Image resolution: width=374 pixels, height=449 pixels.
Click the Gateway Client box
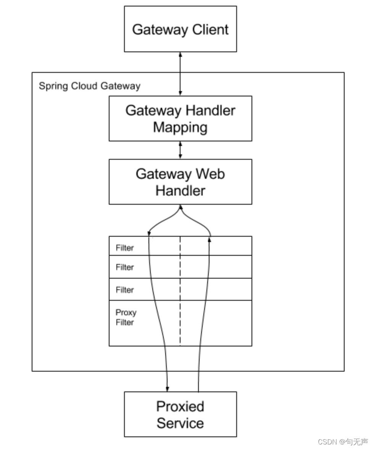(x=181, y=29)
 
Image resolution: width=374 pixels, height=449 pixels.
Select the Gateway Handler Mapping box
(x=181, y=119)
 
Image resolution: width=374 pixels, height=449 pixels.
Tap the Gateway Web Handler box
(x=181, y=182)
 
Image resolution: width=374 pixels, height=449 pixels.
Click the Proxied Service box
(x=181, y=414)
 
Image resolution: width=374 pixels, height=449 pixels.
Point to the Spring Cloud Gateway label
(x=89, y=86)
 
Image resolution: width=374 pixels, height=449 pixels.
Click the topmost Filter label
(x=125, y=248)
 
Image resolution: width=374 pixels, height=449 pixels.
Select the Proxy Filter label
(x=126, y=317)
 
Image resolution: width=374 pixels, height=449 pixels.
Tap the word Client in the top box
(x=210, y=29)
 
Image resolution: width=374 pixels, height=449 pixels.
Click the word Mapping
(x=180, y=128)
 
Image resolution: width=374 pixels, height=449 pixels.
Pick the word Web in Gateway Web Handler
(x=210, y=174)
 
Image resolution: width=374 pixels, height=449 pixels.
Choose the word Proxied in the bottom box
(x=180, y=406)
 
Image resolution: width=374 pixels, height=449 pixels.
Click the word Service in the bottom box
(x=180, y=423)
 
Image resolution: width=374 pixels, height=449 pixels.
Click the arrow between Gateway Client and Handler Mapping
(x=181, y=74)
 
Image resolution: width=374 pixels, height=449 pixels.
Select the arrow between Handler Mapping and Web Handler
(x=181, y=150)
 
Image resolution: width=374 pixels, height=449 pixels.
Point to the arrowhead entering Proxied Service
(x=168, y=389)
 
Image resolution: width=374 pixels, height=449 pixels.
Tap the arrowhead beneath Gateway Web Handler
(x=181, y=207)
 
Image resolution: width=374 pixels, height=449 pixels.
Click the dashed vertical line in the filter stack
(x=180, y=291)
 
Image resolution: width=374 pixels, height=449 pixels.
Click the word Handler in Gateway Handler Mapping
(x=210, y=111)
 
